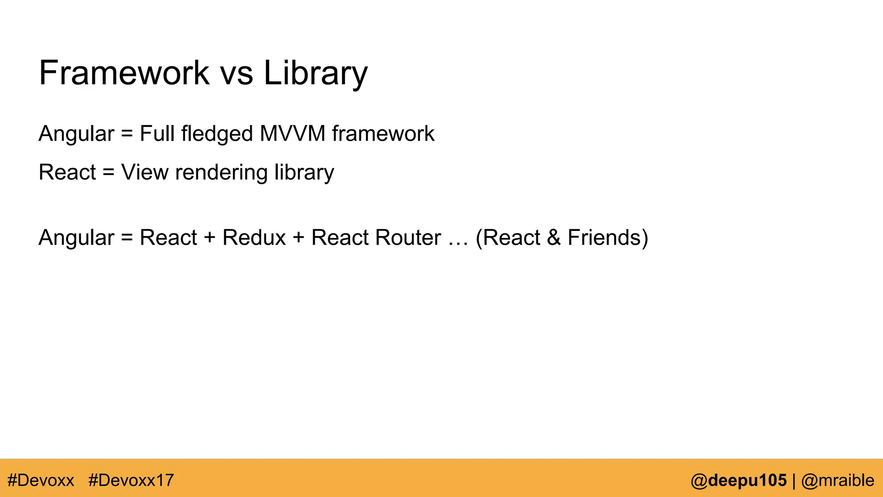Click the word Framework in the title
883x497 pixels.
[x=124, y=73]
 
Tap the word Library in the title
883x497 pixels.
[x=315, y=73]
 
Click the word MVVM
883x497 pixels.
[x=292, y=133]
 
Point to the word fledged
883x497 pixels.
[x=217, y=134]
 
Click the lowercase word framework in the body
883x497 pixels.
[x=383, y=133]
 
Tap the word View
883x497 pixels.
[x=145, y=172]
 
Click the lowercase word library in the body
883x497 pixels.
[x=304, y=173]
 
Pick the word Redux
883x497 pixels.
[x=254, y=237]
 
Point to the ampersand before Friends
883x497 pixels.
[x=554, y=237]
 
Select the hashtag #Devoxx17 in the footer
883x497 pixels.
[x=131, y=480]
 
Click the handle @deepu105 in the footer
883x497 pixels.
[x=739, y=480]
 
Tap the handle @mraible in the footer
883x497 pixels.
[x=837, y=480]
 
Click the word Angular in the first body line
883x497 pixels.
[x=76, y=133]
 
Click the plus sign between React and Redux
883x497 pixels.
[x=210, y=238]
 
